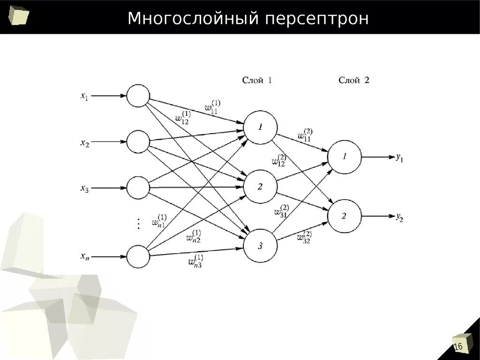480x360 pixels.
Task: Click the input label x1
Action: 84,96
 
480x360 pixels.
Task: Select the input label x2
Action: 84,142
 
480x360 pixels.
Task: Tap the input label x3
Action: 84,188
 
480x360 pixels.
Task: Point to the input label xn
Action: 84,256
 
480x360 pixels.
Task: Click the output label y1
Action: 399,158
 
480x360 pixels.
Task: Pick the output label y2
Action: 399,217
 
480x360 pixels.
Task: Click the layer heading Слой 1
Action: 257,80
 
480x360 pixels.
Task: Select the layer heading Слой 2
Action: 354,80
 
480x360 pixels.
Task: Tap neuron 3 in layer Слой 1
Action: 260,246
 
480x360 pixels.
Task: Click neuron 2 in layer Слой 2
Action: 345,216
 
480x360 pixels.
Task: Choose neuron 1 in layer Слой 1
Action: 260,127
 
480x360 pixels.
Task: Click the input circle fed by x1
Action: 138,96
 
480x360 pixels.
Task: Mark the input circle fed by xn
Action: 138,256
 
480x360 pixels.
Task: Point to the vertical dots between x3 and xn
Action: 138,224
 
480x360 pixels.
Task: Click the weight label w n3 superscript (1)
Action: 195,261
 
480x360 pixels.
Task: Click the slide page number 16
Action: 458,346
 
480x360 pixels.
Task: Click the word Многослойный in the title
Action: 193,19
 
